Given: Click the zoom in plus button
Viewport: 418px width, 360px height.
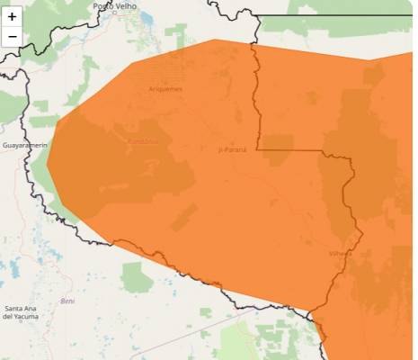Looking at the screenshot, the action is [12, 16].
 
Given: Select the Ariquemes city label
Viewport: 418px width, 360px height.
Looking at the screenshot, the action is [165, 89].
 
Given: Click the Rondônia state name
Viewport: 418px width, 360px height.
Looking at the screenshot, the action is [142, 141].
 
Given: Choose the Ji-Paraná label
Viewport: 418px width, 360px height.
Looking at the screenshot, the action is [233, 149].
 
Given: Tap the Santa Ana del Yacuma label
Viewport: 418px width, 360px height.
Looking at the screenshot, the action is [23, 312].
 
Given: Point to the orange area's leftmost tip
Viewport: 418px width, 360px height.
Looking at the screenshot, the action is [48, 163].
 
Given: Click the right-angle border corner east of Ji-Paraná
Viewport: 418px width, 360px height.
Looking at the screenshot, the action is [259, 148].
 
